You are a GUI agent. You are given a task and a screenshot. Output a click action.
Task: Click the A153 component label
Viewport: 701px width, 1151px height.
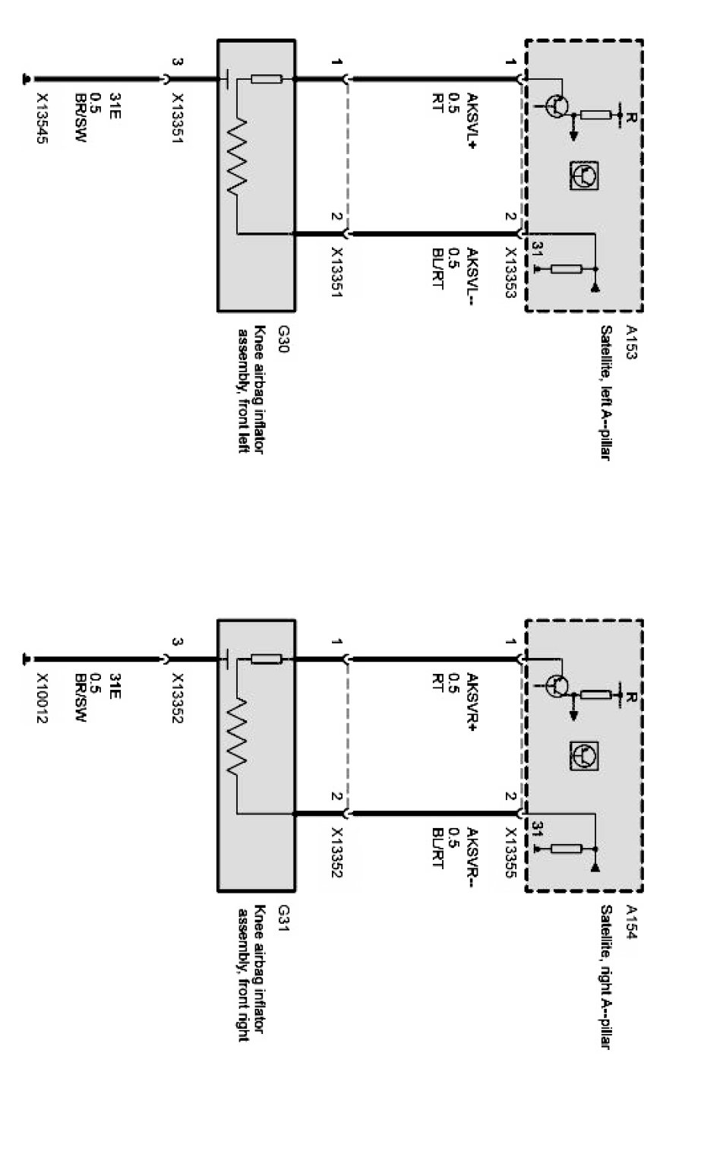[631, 342]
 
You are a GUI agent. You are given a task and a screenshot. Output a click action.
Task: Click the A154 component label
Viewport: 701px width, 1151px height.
[631, 922]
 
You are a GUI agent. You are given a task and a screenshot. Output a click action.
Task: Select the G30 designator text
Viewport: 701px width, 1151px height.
[283, 339]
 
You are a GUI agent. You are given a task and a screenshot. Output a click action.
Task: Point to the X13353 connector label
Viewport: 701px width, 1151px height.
[510, 273]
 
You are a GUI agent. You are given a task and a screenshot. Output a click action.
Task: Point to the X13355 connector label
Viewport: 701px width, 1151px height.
[510, 852]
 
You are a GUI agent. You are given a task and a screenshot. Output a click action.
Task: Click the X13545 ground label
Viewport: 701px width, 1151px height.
[42, 119]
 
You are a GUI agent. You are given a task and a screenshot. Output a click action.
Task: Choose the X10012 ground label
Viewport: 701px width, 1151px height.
[42, 698]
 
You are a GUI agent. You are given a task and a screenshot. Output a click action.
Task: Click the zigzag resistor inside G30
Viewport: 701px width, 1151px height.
[237, 157]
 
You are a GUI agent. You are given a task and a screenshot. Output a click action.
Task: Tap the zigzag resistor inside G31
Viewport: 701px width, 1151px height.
[237, 738]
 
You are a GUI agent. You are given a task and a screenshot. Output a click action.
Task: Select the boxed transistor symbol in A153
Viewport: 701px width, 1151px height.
[584, 175]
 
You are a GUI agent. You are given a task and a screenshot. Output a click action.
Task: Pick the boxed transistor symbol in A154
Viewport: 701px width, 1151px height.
[584, 756]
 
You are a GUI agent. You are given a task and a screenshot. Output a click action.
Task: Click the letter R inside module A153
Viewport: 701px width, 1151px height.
[632, 118]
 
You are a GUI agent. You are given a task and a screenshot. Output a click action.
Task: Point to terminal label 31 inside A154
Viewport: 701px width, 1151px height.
[537, 829]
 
